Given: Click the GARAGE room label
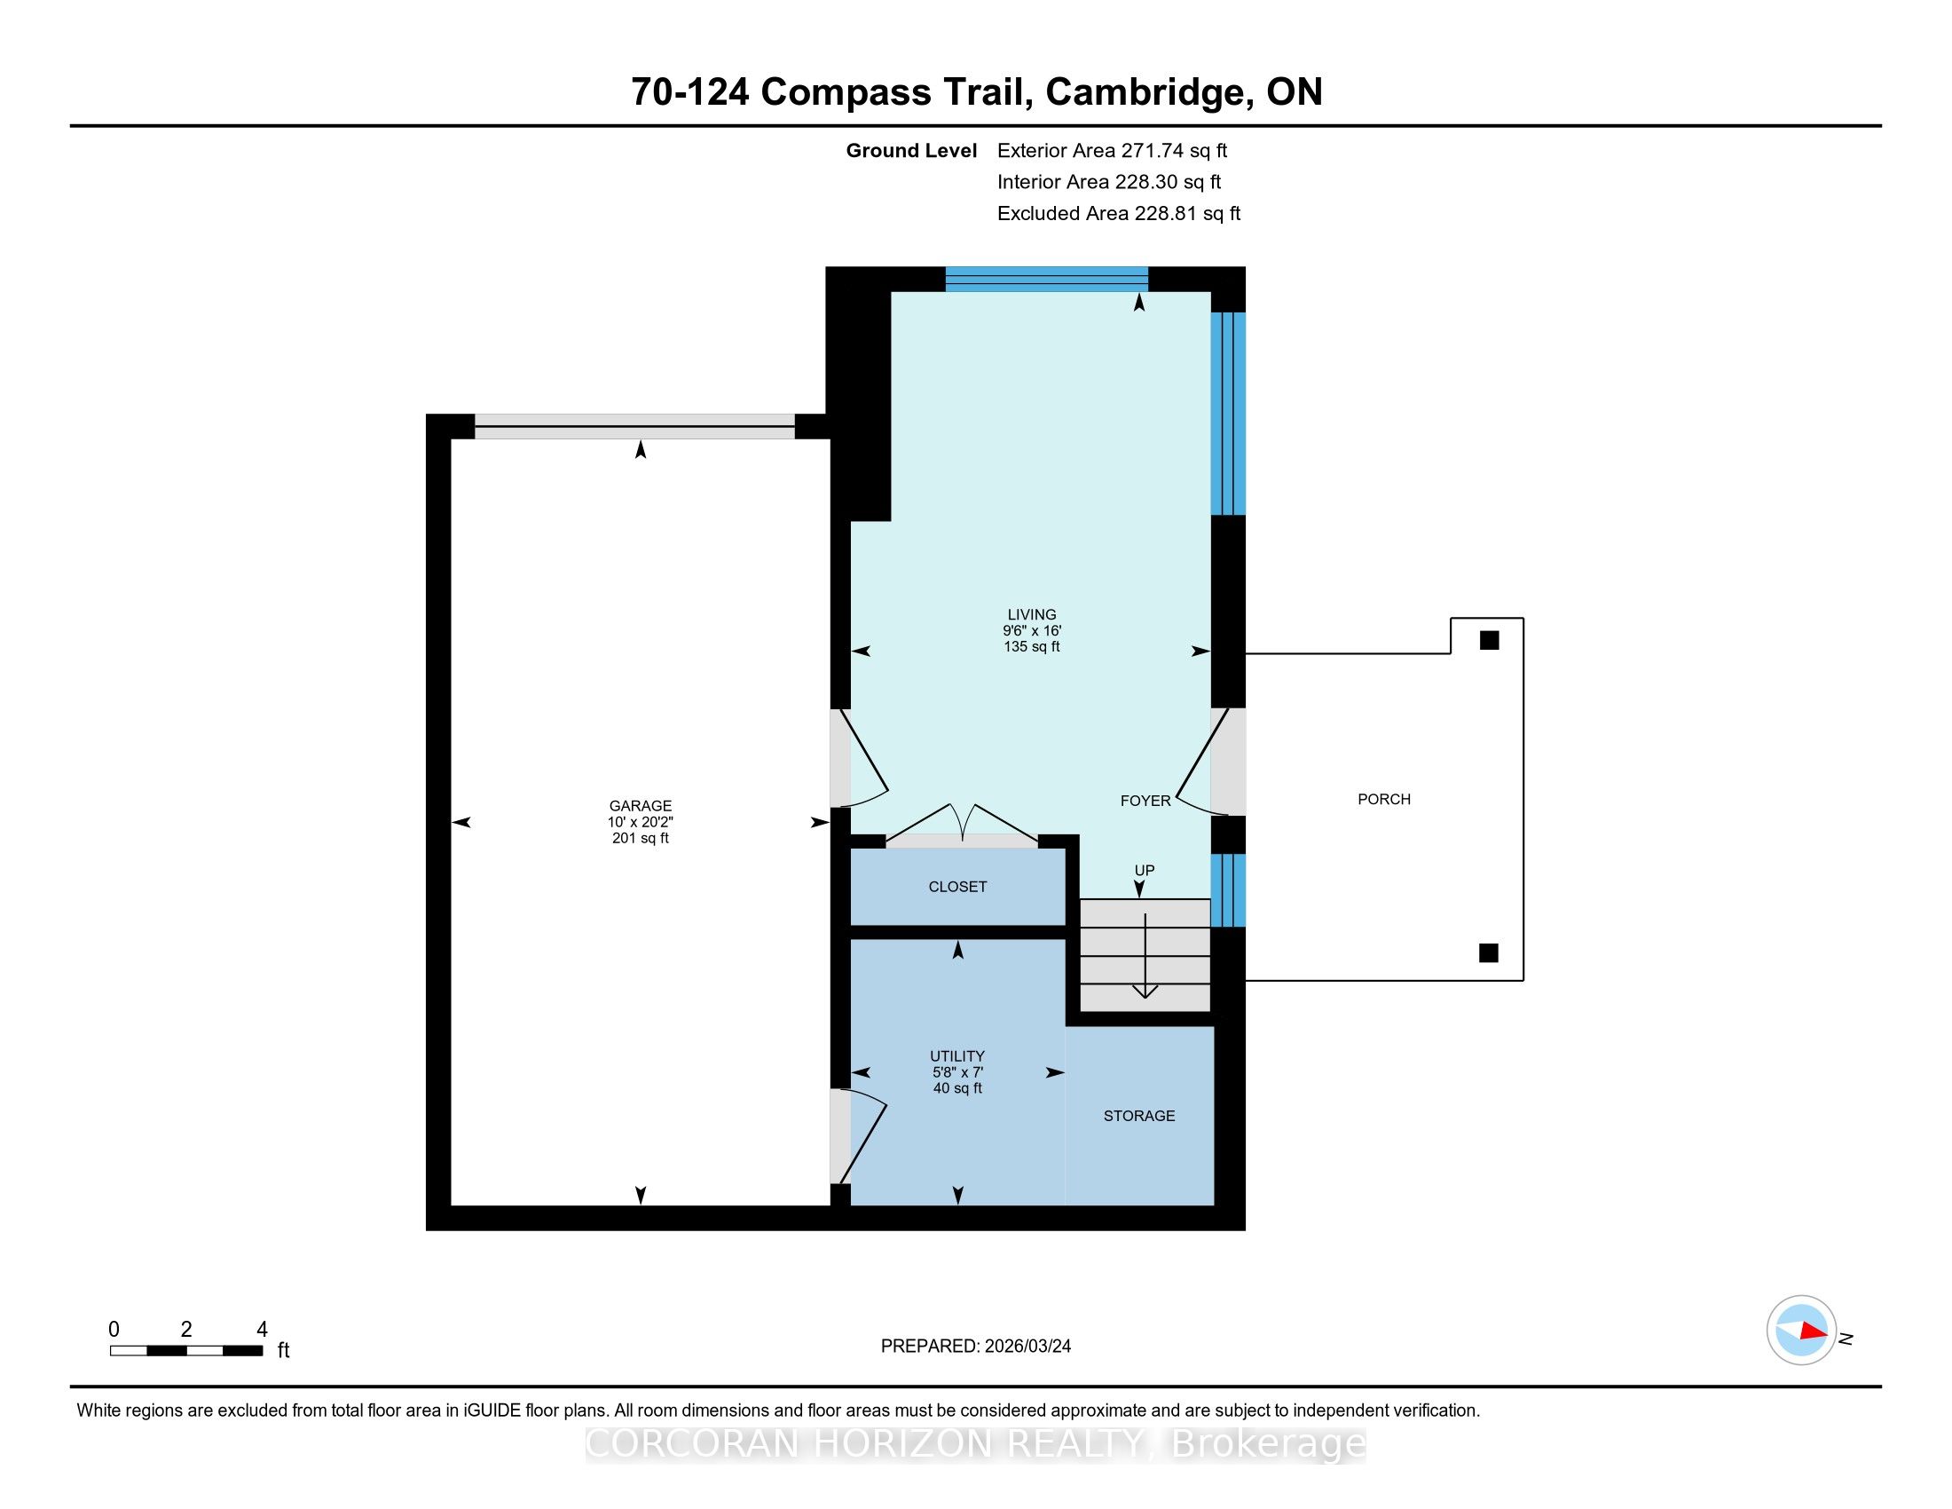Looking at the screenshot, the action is click(640, 805).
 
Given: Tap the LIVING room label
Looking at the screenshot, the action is click(1031, 614).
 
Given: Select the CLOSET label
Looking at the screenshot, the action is click(957, 887).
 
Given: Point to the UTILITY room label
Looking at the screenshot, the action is click(957, 1055).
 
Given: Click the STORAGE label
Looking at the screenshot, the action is click(1138, 1116).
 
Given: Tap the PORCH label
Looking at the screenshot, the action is click(1383, 799).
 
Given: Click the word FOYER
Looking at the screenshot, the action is click(1145, 801).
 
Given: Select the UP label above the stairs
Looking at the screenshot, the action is click(1144, 870).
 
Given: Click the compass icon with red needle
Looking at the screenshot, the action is click(1801, 1330).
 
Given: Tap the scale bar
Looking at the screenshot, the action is click(186, 1350).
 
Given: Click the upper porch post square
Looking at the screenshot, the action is click(1489, 640).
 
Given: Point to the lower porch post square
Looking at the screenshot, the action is click(1488, 953).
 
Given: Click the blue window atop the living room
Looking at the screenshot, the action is click(1047, 279).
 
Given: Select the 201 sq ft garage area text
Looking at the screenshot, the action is click(640, 839).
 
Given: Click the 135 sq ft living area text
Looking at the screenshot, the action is click(1031, 646).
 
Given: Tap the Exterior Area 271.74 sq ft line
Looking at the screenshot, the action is click(1112, 150).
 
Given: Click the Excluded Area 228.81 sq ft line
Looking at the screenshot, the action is click(1118, 213).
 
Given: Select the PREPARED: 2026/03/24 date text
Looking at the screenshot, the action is click(975, 1346).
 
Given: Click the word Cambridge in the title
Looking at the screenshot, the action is click(1145, 92).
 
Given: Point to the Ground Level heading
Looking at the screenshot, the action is click(910, 150).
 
